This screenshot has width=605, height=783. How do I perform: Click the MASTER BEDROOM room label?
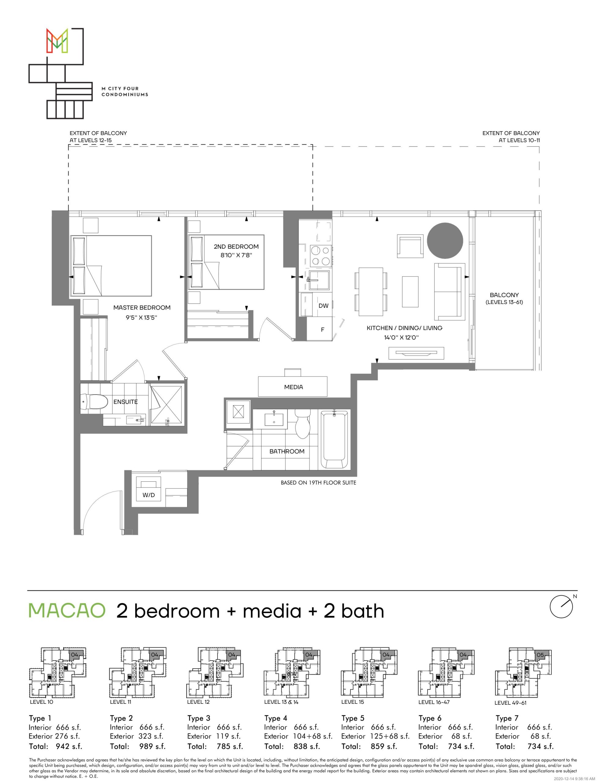[142, 308]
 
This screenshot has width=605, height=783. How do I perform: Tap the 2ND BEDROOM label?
[236, 247]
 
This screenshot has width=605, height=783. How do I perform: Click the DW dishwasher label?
[324, 306]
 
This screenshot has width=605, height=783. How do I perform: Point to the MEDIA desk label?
[293, 387]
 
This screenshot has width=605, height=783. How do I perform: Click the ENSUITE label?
[125, 402]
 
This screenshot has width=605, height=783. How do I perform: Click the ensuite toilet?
[95, 402]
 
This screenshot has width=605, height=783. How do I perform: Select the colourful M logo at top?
[58, 40]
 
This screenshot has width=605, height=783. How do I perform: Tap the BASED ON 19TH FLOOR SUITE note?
[318, 483]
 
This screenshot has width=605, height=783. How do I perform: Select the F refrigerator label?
[322, 329]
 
